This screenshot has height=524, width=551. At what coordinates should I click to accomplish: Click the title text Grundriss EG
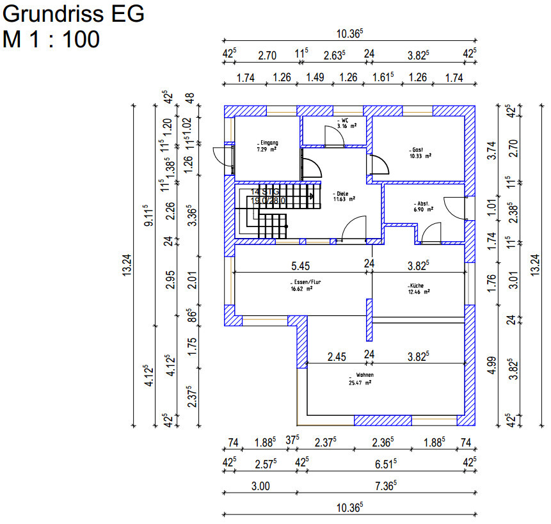pyautogui.click(x=74, y=13)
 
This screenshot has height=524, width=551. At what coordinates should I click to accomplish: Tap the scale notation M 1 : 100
pyautogui.click(x=51, y=39)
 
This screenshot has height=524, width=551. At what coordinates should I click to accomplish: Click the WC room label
pyautogui.click(x=344, y=120)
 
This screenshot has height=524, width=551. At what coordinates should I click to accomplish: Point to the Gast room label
pyautogui.click(x=419, y=150)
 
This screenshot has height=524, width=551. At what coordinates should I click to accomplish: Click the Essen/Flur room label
pyautogui.click(x=302, y=283)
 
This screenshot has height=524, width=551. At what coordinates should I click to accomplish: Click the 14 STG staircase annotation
pyautogui.click(x=265, y=191)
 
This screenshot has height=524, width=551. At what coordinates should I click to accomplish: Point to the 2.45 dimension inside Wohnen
pyautogui.click(x=337, y=356)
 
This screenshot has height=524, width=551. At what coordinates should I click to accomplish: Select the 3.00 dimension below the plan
pyautogui.click(x=260, y=486)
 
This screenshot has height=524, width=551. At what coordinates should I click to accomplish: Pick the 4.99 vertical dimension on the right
pyautogui.click(x=491, y=363)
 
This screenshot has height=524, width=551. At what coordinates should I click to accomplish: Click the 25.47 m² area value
pyautogui.click(x=360, y=382)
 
